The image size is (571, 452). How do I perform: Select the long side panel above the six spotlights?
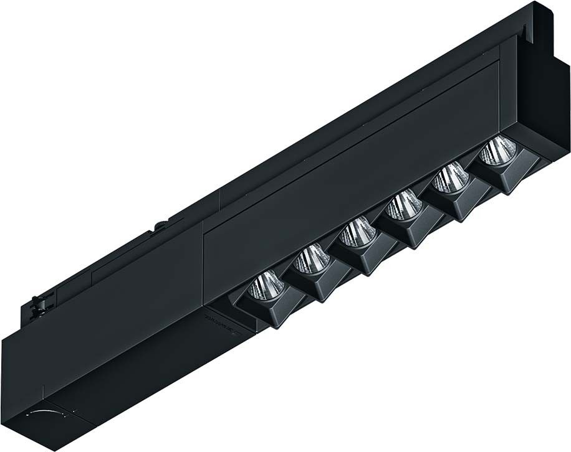coord(349,162)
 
